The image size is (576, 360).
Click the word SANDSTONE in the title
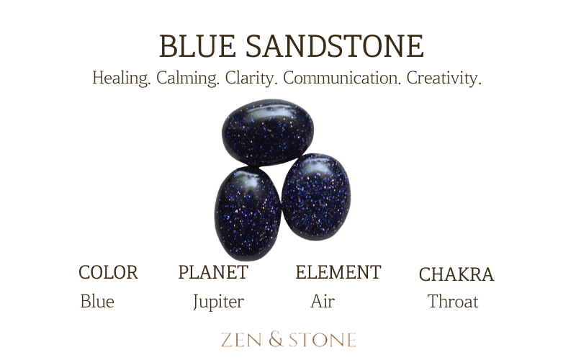tap(333, 46)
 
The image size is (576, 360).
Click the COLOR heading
tap(108, 273)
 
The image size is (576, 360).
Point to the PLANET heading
tap(213, 273)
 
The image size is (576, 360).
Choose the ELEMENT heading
tap(338, 273)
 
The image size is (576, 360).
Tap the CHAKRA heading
tap(456, 275)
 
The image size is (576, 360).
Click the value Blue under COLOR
tap(97, 302)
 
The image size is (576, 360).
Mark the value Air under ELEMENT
tap(322, 302)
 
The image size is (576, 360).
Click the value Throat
tap(453, 302)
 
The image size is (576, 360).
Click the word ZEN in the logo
tap(241, 339)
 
